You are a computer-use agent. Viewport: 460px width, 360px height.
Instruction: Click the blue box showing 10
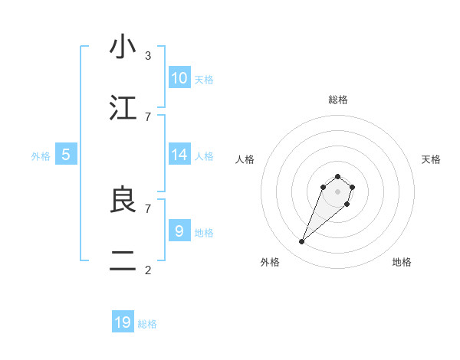pos(179,78)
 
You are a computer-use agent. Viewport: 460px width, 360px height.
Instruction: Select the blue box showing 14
pos(179,155)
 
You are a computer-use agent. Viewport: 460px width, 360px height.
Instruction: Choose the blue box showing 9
pos(179,231)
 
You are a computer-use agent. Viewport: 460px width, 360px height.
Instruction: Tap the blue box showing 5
pos(66,155)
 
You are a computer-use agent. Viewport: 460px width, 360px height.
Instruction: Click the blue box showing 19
pos(123,322)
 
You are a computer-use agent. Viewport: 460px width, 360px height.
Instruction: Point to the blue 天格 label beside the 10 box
pos(204,80)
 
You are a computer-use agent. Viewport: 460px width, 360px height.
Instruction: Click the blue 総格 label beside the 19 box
pos(147,324)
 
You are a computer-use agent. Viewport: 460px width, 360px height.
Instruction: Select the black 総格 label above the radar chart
pos(337,100)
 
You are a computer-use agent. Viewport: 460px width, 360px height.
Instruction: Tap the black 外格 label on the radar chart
pos(270,262)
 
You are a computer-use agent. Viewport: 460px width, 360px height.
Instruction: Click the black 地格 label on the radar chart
pos(402,262)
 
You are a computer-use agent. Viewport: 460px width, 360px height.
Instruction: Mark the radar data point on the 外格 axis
pos(302,242)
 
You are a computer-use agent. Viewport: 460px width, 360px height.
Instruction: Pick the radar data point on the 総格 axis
pos(337,175)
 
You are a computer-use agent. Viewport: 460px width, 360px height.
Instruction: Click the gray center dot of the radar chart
pos(337,191)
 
